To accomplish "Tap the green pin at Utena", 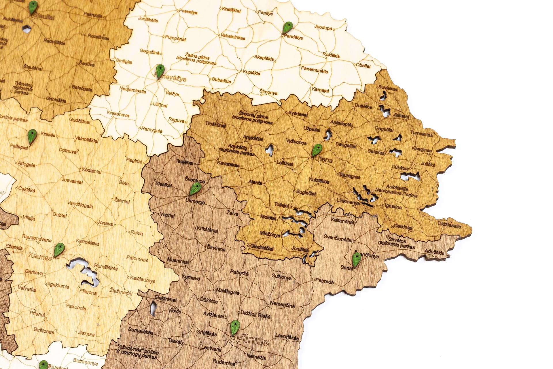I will click(316, 150).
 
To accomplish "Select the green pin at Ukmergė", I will click(196, 189).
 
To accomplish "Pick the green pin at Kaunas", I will click(59, 250).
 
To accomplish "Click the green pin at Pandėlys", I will click(286, 29).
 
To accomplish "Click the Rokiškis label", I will click(331, 55).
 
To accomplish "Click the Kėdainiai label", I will click(92, 171).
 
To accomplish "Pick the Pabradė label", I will click(324, 281).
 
